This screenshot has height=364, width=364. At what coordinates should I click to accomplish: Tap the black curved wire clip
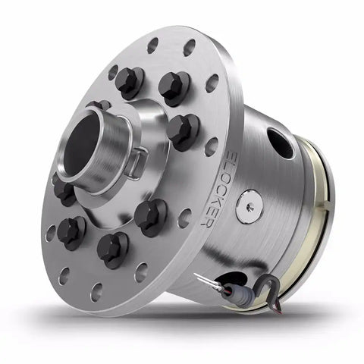click(x=263, y=284)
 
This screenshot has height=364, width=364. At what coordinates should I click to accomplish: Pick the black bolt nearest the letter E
click(x=183, y=130)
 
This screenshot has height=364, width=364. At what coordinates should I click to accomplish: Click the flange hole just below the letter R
click(x=185, y=218)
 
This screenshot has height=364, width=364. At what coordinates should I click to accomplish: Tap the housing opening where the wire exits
click(x=235, y=279)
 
